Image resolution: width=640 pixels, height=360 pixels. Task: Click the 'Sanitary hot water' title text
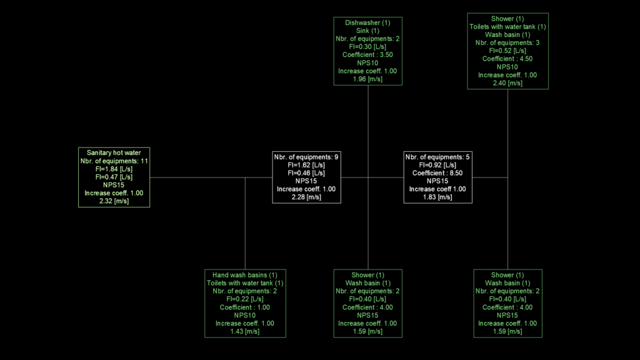coord(114,152)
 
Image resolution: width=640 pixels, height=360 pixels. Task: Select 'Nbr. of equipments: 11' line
coord(114,161)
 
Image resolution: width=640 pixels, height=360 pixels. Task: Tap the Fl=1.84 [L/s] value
coord(114,169)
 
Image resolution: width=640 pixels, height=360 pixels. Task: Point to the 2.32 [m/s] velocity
coord(114,201)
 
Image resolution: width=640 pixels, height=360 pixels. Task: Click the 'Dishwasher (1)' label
coord(367,23)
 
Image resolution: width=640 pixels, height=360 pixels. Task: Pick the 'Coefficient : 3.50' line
coord(367,55)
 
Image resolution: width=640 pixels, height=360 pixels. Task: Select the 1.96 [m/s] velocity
coord(367,79)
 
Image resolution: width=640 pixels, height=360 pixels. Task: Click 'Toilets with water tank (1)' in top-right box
coord(507,26)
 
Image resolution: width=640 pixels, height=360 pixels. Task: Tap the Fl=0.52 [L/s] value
coord(507,51)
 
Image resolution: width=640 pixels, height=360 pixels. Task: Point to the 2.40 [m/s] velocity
coord(507,83)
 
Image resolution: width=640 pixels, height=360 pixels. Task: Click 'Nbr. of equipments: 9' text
coord(306,157)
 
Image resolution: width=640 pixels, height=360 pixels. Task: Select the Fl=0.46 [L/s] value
coord(306,173)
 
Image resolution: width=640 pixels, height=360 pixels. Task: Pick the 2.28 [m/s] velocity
coord(306,197)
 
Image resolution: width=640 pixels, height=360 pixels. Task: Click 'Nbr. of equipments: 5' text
coord(437,157)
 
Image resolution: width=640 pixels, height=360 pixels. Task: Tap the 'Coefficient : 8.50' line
coord(437,173)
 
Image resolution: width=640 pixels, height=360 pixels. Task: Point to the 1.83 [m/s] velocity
coord(437,197)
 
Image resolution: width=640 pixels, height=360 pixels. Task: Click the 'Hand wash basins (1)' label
coord(245,275)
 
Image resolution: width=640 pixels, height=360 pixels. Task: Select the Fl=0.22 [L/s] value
coord(245,299)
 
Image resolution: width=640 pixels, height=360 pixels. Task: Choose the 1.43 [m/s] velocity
coord(245,331)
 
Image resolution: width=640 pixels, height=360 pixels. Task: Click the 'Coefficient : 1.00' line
coord(245,307)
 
